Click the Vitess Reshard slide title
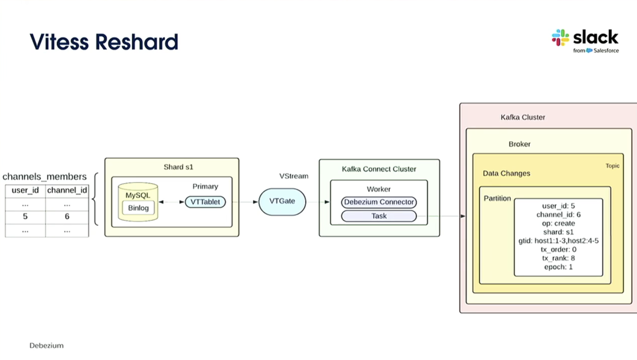pyautogui.click(x=104, y=41)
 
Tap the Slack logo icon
pyautogui.click(x=561, y=38)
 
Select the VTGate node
pyautogui.click(x=282, y=202)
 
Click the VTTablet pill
pyautogui.click(x=205, y=202)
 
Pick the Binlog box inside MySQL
pyautogui.click(x=139, y=208)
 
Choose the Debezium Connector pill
pyautogui.click(x=378, y=202)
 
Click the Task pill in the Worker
pyautogui.click(x=378, y=216)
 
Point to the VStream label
pyautogui.click(x=294, y=176)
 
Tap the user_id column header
pyautogui.click(x=25, y=190)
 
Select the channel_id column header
pyautogui.click(x=67, y=190)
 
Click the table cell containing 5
pyautogui.click(x=25, y=217)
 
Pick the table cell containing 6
pyautogui.click(x=67, y=217)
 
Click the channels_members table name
pyautogui.click(x=45, y=176)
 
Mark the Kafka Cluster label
pyautogui.click(x=523, y=117)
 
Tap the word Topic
pyautogui.click(x=612, y=166)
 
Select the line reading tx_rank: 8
pyautogui.click(x=558, y=258)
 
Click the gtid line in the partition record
pyautogui.click(x=558, y=241)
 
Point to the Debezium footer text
pyautogui.click(x=46, y=346)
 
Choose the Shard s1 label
pyautogui.click(x=178, y=167)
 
